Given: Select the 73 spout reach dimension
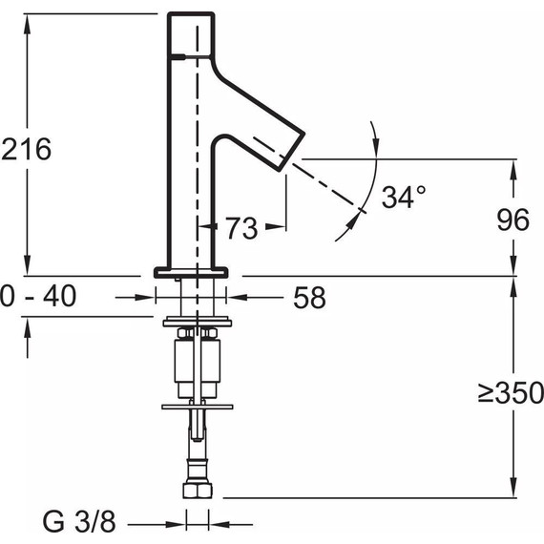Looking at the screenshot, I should [241, 227].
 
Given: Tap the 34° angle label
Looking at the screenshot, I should [403, 198].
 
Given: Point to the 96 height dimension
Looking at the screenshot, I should [513, 220].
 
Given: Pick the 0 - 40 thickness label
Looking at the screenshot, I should [38, 297].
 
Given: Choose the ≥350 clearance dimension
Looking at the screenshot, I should [511, 391].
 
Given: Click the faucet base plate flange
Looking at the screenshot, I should [192, 272].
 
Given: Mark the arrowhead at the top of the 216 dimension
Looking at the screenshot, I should [29, 20].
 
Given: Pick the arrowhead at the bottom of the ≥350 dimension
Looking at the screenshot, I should [515, 489].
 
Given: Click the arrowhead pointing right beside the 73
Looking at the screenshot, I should [280, 227].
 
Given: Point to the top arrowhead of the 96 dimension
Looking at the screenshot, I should [515, 166].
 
